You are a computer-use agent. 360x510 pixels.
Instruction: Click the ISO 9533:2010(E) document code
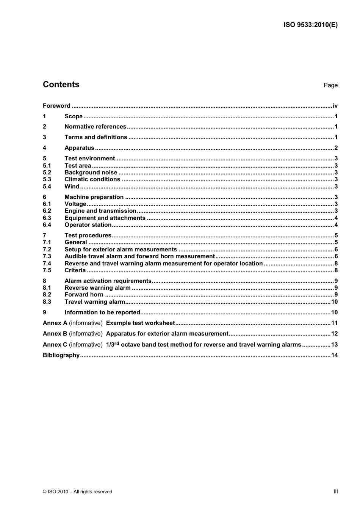(x=310, y=25)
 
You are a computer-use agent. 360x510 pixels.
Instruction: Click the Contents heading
(x=61, y=85)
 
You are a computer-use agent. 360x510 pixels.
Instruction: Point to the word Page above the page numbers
(x=330, y=85)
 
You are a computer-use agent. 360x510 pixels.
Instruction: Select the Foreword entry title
(x=56, y=106)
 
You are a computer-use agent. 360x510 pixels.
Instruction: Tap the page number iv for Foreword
(x=335, y=106)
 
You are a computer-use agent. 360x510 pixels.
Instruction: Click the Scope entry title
(x=74, y=116)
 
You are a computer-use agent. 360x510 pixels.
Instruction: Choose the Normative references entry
(x=95, y=127)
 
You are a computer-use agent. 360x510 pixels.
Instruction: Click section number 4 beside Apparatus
(x=44, y=148)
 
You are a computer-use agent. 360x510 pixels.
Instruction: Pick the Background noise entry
(x=91, y=173)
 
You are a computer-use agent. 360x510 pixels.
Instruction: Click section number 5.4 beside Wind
(x=47, y=187)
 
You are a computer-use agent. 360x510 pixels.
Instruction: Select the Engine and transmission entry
(x=100, y=211)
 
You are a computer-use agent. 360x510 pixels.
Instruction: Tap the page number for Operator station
(x=336, y=225)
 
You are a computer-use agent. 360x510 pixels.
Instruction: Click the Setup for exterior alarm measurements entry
(x=121, y=250)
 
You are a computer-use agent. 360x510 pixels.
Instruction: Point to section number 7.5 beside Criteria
(x=47, y=270)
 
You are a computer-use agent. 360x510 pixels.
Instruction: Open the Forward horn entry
(x=84, y=295)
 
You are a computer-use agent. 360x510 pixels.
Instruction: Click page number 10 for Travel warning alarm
(x=334, y=302)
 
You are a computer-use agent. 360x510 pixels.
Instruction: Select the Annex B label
(x=55, y=334)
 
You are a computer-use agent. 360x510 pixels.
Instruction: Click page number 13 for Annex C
(x=334, y=345)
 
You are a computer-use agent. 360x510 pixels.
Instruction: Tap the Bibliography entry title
(x=61, y=355)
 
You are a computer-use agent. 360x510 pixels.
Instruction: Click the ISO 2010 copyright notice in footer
(x=77, y=492)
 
